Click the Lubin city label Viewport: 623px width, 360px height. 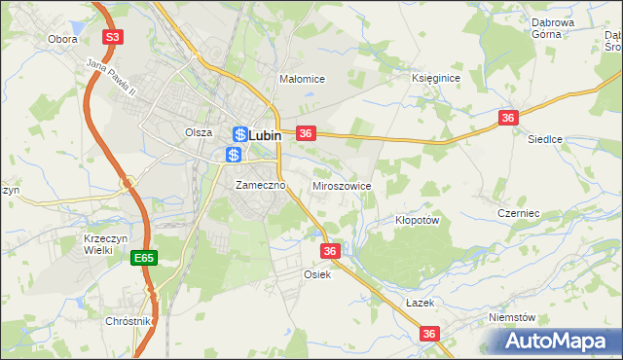[x=266, y=136]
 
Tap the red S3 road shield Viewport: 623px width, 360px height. [x=113, y=37]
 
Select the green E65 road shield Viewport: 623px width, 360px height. [x=144, y=257]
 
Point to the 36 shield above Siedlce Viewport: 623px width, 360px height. [x=507, y=117]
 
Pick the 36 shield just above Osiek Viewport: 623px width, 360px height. [x=330, y=251]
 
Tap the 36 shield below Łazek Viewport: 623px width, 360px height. [x=430, y=334]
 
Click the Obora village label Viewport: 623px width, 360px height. [x=62, y=40]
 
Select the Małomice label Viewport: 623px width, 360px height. [x=301, y=79]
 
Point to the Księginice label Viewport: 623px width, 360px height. [x=435, y=77]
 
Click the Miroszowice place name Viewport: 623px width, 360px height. [x=341, y=185]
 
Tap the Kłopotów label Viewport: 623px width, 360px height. [x=419, y=220]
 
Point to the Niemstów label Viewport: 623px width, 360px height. [x=513, y=317]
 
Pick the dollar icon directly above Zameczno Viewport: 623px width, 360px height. [x=233, y=155]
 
